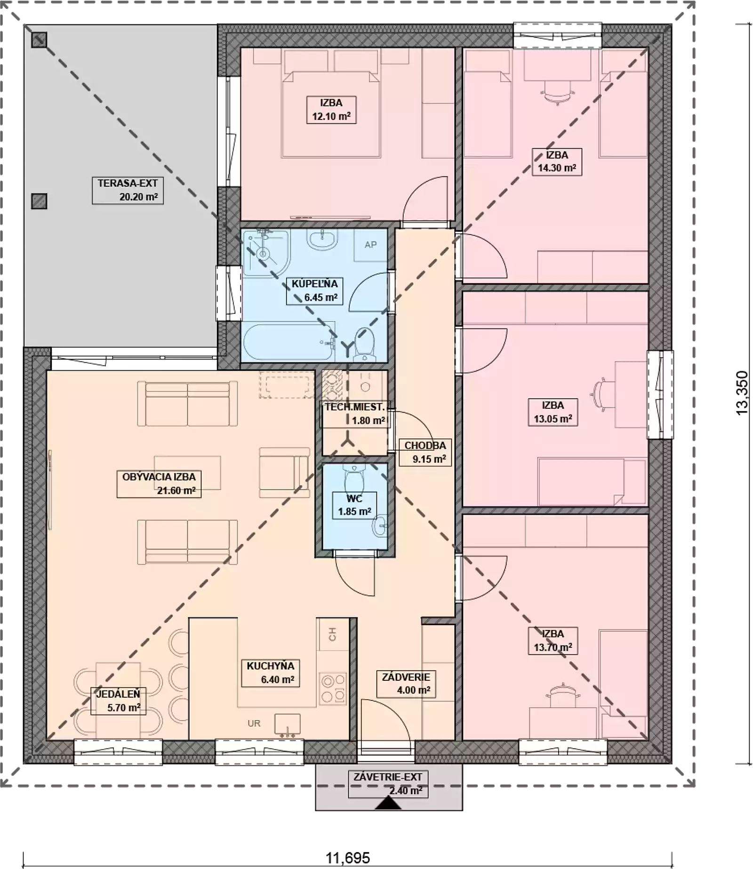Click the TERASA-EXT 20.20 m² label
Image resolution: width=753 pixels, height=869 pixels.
[x=128, y=190]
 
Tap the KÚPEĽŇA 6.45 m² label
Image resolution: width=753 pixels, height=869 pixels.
[x=314, y=291]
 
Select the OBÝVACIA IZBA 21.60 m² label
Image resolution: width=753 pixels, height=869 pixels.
[x=162, y=484]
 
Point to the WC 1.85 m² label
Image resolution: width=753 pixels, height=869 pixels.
[x=354, y=505]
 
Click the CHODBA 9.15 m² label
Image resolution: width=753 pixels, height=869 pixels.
[x=425, y=452]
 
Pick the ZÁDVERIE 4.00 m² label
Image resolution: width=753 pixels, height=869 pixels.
[x=406, y=684]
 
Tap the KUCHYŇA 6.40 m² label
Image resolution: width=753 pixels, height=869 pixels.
[x=271, y=673]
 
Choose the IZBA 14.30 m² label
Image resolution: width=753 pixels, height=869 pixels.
[x=557, y=162]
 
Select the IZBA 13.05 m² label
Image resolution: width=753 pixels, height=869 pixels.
[x=553, y=412]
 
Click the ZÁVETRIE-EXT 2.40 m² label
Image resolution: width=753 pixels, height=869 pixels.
[x=388, y=784]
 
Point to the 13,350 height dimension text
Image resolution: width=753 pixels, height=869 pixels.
[x=742, y=393]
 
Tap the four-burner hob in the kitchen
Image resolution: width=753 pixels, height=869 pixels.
[x=333, y=688]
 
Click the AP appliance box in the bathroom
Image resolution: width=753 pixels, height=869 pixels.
[x=370, y=245]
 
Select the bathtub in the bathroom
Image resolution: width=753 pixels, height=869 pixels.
[x=288, y=342]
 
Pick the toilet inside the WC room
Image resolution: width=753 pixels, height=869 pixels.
[x=354, y=478]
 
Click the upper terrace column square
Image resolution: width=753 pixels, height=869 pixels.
[x=39, y=40]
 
